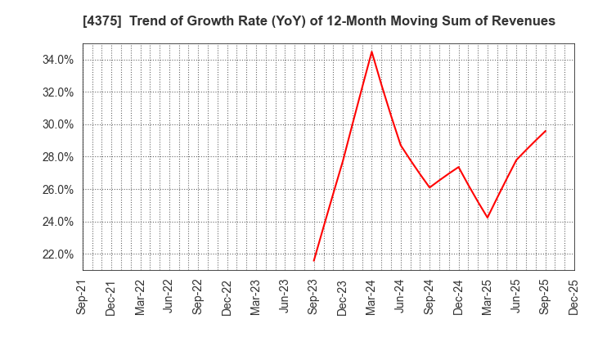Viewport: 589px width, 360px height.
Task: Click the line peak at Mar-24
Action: pos(371,52)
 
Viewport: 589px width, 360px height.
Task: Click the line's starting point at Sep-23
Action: pos(313,261)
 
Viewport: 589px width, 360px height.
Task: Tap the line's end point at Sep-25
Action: pos(546,130)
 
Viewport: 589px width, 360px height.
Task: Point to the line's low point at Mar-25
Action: pos(488,218)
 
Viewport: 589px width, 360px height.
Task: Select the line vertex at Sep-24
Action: pos(429,187)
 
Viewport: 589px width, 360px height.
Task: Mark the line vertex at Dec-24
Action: pos(458,167)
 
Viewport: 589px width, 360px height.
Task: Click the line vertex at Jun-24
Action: pos(401,146)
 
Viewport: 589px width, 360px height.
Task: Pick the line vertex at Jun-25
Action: pos(516,160)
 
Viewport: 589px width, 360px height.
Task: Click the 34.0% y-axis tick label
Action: pos(57,60)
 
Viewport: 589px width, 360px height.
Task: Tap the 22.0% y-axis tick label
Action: pos(57,254)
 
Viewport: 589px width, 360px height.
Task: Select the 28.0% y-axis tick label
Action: pos(57,157)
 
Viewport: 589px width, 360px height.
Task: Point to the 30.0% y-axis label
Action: pos(57,124)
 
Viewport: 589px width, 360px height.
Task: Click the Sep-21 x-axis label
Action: pos(82,297)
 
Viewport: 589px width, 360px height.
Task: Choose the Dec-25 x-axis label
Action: pos(574,297)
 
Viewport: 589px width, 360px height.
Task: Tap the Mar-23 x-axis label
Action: pos(256,297)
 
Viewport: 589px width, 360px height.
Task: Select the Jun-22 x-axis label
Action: pos(169,297)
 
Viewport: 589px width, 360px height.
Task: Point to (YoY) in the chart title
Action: pos(277,21)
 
